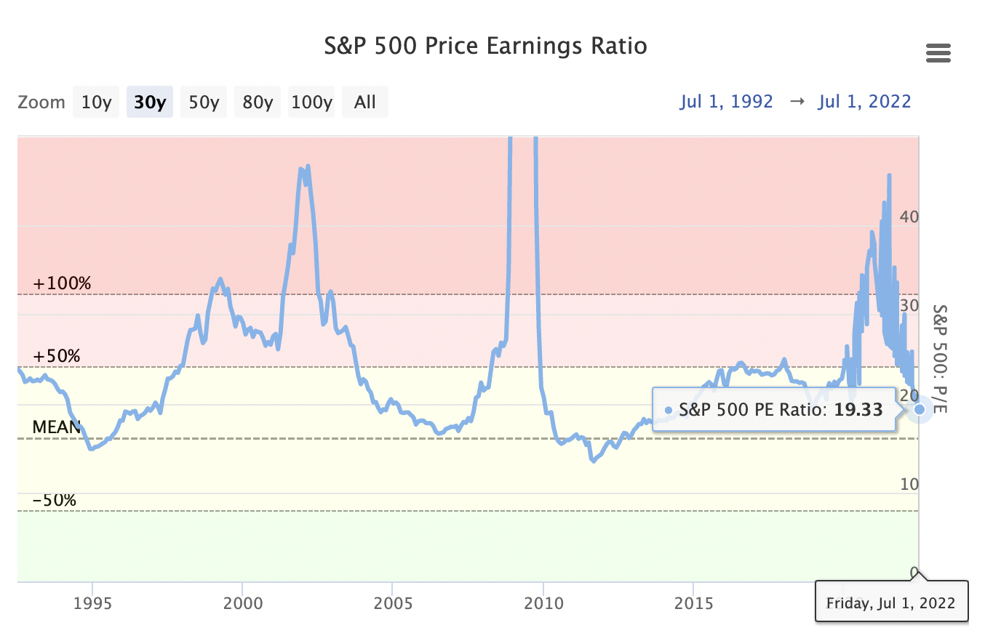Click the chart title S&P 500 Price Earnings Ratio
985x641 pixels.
[x=485, y=46]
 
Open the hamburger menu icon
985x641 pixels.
[x=938, y=53]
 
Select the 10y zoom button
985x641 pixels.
[x=96, y=102]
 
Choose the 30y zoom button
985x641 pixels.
[x=150, y=102]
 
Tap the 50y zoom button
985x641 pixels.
[x=204, y=102]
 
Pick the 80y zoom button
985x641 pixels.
[x=258, y=102]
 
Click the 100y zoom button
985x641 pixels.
[x=311, y=102]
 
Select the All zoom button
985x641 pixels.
[x=365, y=102]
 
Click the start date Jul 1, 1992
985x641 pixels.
[x=726, y=102]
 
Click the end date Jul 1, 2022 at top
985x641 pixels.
[x=864, y=102]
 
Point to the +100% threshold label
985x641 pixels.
[x=63, y=283]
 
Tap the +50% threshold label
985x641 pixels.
[x=57, y=356]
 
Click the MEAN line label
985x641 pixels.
[x=57, y=427]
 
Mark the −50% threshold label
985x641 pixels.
[x=55, y=500]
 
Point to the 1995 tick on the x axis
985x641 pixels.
[x=92, y=604]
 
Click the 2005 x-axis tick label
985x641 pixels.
[x=392, y=604]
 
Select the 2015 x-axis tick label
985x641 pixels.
[x=693, y=604]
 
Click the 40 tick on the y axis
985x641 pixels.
[x=909, y=216]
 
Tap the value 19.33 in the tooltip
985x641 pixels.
[x=858, y=410]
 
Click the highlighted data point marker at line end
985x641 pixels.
[x=920, y=409]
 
